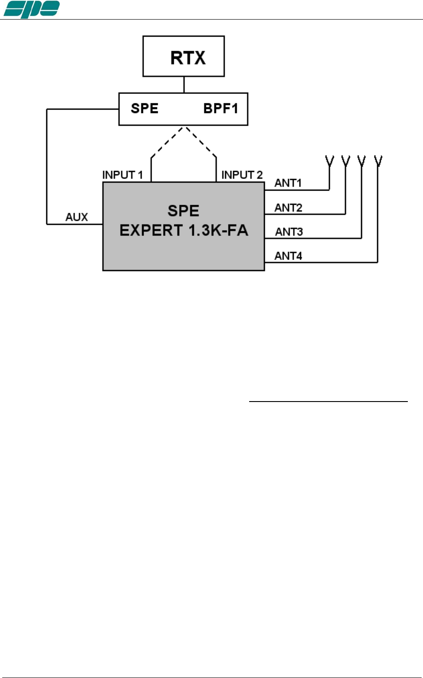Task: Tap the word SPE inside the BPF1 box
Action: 144,109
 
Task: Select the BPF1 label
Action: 221,109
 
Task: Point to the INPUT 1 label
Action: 123,175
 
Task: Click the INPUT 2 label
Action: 242,175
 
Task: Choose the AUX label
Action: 77,217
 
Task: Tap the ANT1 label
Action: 288,183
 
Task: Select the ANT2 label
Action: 288,208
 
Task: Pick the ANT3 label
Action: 289,232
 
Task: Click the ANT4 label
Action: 288,256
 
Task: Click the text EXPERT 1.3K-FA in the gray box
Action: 184,230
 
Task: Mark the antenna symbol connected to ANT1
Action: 329,161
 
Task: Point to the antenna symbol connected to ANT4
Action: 378,161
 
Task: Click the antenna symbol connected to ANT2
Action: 345,161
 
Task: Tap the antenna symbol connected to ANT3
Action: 361,161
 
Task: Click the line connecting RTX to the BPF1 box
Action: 184,85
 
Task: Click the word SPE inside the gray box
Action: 183,211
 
